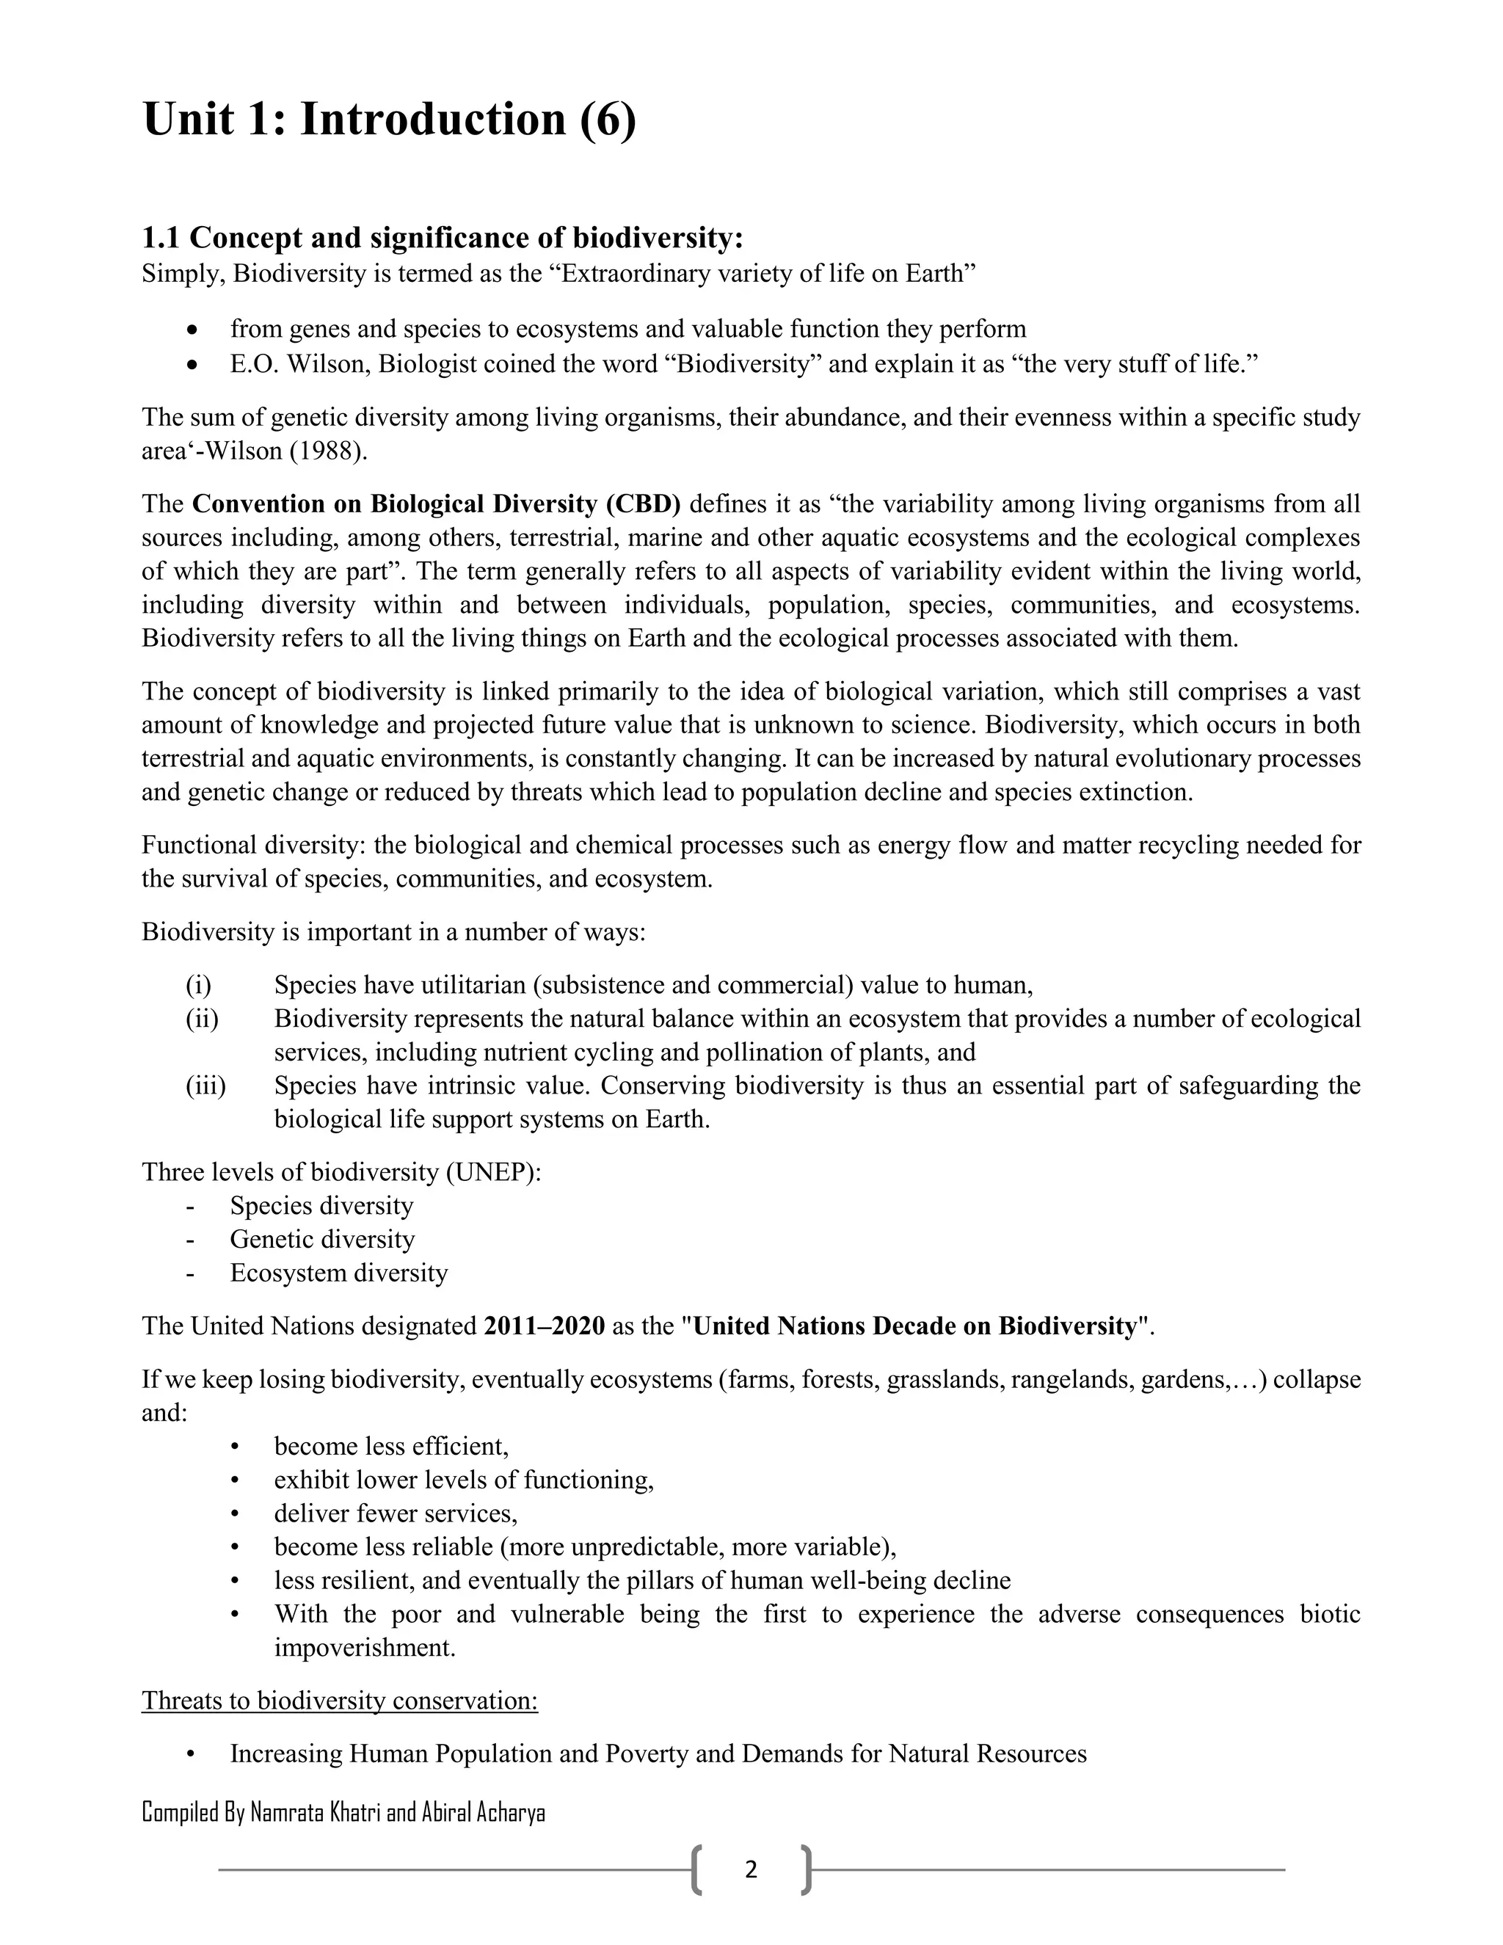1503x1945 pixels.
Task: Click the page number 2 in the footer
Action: (x=751, y=1869)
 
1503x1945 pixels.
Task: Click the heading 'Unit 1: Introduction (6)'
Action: (x=389, y=120)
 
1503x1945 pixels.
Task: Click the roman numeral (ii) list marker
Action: (x=202, y=1019)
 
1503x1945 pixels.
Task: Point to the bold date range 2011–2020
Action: (x=544, y=1326)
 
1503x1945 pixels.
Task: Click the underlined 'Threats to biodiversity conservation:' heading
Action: (x=339, y=1700)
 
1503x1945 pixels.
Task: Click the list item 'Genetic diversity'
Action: (x=321, y=1240)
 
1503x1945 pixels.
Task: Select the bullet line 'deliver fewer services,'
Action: (x=396, y=1513)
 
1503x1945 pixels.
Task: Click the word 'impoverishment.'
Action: (x=364, y=1648)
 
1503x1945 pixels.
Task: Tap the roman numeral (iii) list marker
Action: (x=205, y=1086)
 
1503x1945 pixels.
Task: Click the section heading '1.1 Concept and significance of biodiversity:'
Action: (x=442, y=238)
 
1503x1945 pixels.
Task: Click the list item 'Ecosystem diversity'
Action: (x=338, y=1273)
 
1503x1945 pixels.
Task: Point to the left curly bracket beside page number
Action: (x=696, y=1869)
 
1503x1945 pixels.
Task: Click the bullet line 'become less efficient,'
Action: (x=391, y=1447)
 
